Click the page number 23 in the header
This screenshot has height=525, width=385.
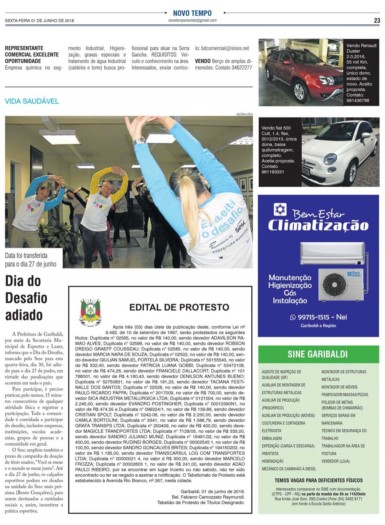coord(377,20)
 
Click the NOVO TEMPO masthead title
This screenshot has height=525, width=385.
coord(192,13)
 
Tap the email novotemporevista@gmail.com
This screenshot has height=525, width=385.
coord(192,20)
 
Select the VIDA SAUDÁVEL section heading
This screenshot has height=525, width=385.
coord(32,101)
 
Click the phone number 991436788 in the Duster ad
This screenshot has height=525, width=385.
coord(358,100)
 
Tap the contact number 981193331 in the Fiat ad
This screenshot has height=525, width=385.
coord(273,172)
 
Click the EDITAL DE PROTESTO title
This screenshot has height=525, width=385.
coord(179,307)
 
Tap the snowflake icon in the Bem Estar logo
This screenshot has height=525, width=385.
coord(280,210)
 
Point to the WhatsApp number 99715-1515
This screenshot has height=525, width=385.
coord(313,317)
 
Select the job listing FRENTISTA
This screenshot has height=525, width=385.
coord(270,454)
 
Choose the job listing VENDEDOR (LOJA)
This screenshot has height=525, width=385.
coord(335,461)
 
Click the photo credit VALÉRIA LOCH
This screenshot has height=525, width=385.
coord(244,114)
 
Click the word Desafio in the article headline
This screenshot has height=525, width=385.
coord(26,298)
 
